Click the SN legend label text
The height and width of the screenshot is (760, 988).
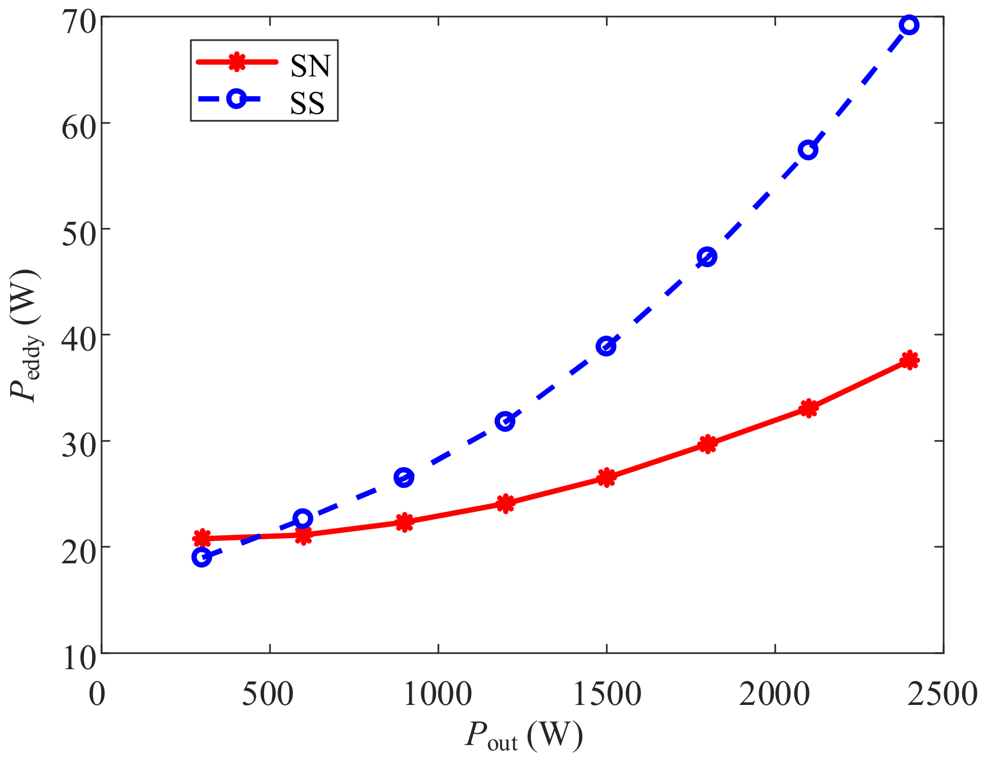(311, 66)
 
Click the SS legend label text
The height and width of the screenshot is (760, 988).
(307, 103)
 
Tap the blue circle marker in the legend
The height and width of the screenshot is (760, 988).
(236, 99)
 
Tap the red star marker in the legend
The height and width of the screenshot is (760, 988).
(236, 62)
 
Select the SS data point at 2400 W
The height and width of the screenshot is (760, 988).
(909, 25)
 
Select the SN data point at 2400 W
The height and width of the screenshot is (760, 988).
(909, 360)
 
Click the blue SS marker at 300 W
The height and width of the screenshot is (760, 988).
(201, 557)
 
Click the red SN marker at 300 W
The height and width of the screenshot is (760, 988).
(202, 538)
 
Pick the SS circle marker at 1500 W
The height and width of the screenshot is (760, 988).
(606, 346)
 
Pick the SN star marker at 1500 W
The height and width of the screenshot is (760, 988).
(606, 477)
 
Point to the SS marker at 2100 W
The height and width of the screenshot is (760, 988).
(808, 150)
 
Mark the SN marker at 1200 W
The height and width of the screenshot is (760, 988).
(505, 503)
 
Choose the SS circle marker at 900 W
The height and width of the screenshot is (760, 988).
(404, 477)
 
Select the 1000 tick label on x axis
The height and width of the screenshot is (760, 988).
(437, 695)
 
